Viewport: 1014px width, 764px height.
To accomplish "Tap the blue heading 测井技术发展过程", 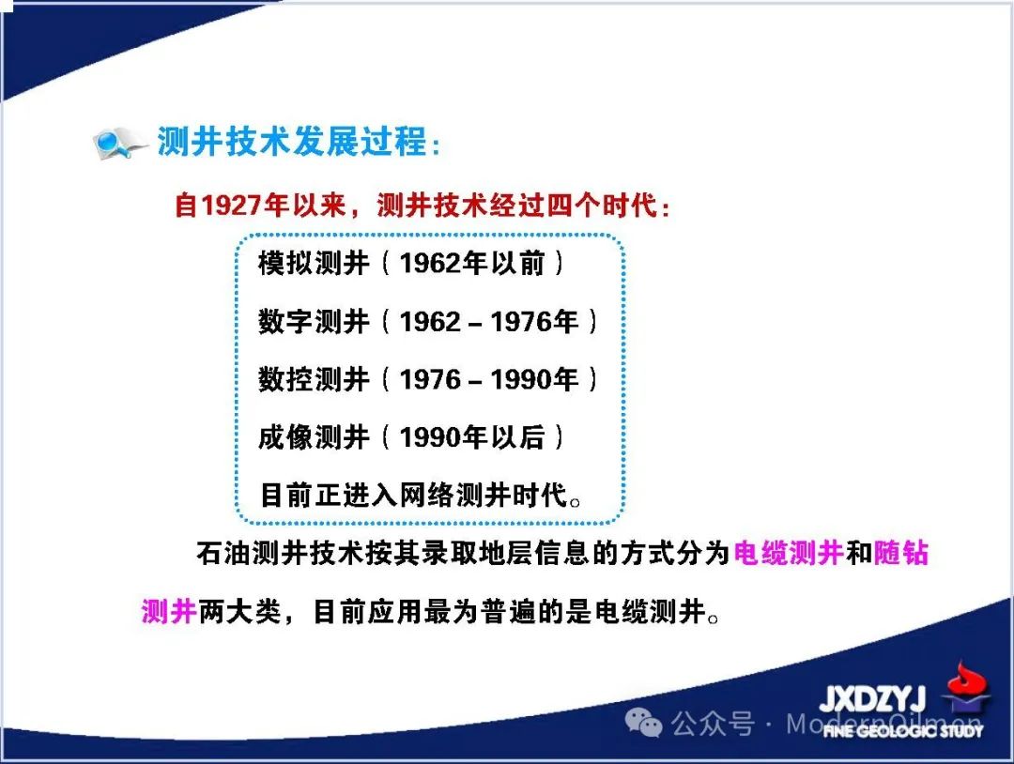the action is point(292,141).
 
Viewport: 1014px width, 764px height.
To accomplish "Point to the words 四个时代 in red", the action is point(602,206).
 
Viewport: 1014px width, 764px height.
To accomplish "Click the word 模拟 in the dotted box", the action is point(285,263).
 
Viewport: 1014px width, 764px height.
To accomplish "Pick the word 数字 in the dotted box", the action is point(285,321).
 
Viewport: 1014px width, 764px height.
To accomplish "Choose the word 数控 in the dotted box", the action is point(285,379).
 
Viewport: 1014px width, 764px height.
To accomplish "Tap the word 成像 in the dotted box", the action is point(285,437).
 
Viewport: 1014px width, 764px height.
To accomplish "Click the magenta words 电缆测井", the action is point(789,553).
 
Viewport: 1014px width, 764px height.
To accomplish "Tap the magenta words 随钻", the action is point(900,553).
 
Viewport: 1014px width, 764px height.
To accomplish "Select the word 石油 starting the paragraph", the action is point(223,553).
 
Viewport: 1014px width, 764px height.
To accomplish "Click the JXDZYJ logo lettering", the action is point(873,698).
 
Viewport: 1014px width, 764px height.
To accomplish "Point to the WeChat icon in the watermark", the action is point(643,722).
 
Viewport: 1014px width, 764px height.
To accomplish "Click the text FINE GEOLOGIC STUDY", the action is point(903,731).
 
